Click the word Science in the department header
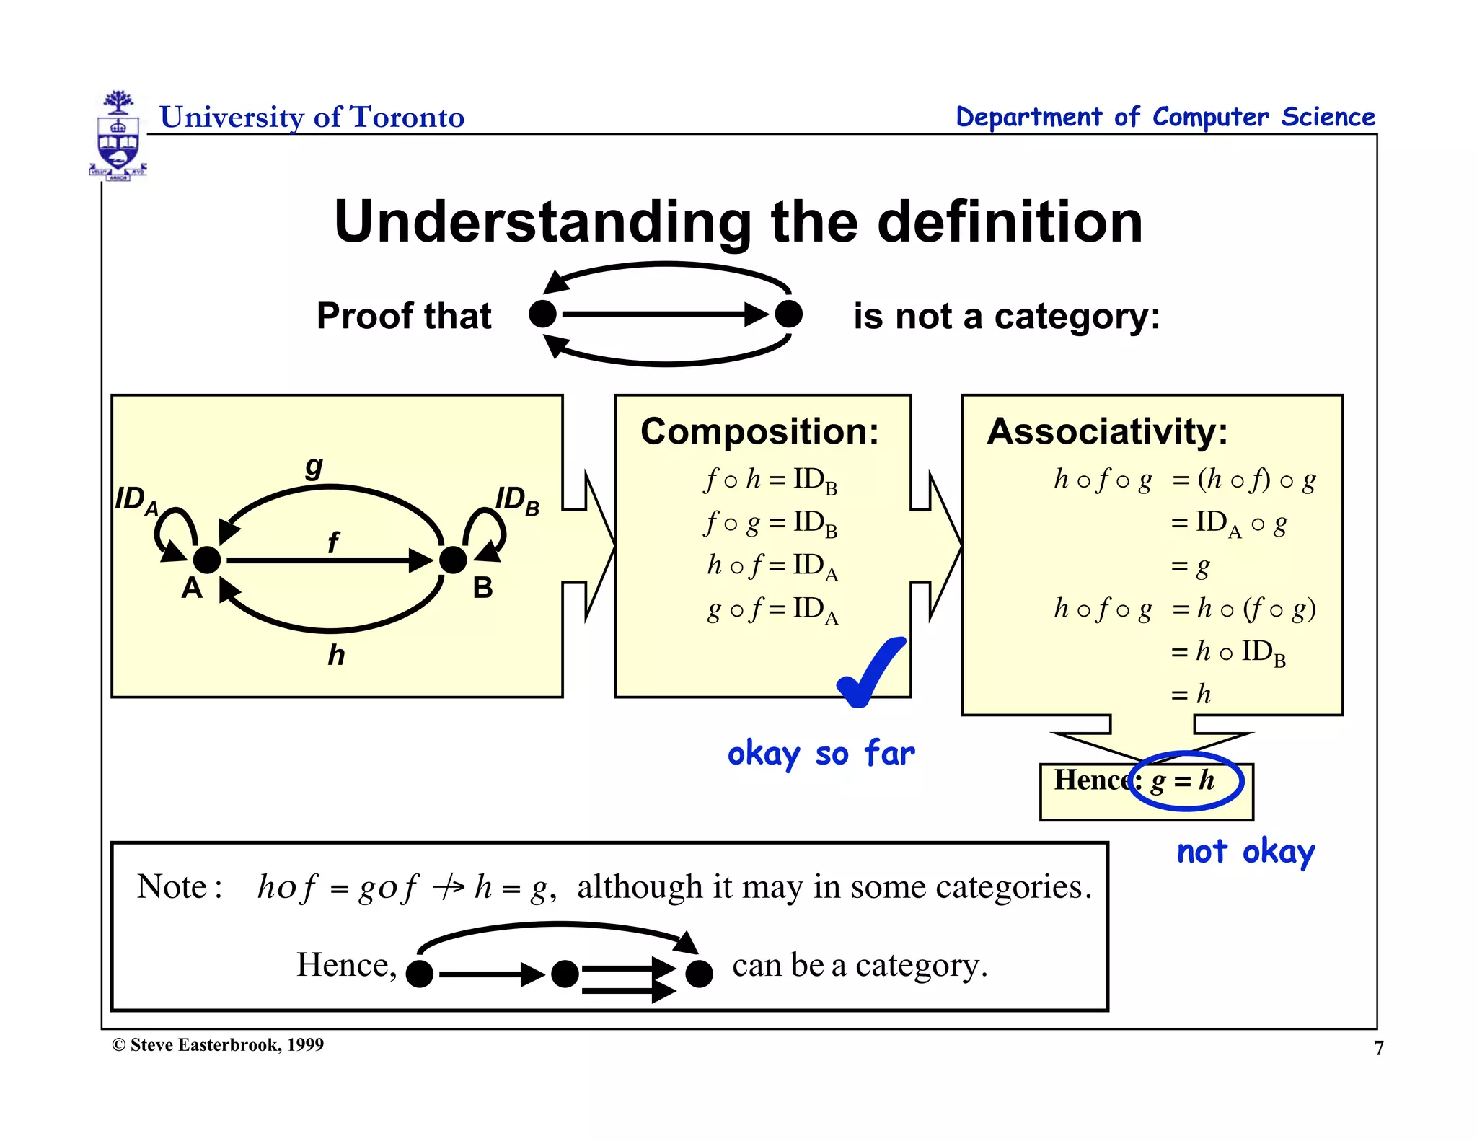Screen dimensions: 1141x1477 click(x=1328, y=117)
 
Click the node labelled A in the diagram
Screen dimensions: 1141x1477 click(x=207, y=560)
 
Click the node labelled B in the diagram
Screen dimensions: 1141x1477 click(x=453, y=560)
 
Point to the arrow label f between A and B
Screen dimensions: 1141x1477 click(x=332, y=542)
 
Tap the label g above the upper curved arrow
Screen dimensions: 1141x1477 click(x=314, y=466)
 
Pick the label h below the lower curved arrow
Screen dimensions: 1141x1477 click(x=336, y=655)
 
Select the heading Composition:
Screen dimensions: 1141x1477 click(x=759, y=431)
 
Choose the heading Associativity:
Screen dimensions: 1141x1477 click(x=1107, y=431)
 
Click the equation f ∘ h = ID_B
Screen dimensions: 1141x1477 click(x=770, y=480)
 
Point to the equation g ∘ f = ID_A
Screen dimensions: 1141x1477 click(x=772, y=609)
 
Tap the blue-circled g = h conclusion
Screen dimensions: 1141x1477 click(x=1184, y=780)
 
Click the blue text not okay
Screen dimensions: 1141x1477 click(x=1245, y=852)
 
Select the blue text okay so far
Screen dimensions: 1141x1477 click(x=821, y=754)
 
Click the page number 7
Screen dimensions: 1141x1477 click(x=1378, y=1048)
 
